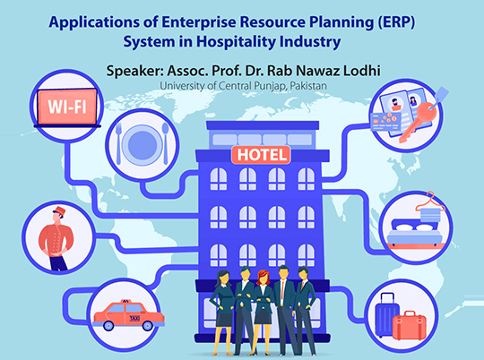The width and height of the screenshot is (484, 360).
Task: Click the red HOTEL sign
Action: [261, 155]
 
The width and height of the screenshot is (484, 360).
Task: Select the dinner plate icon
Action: [141, 141]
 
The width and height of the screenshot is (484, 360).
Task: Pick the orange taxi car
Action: [122, 314]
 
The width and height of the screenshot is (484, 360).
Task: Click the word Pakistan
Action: [304, 85]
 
